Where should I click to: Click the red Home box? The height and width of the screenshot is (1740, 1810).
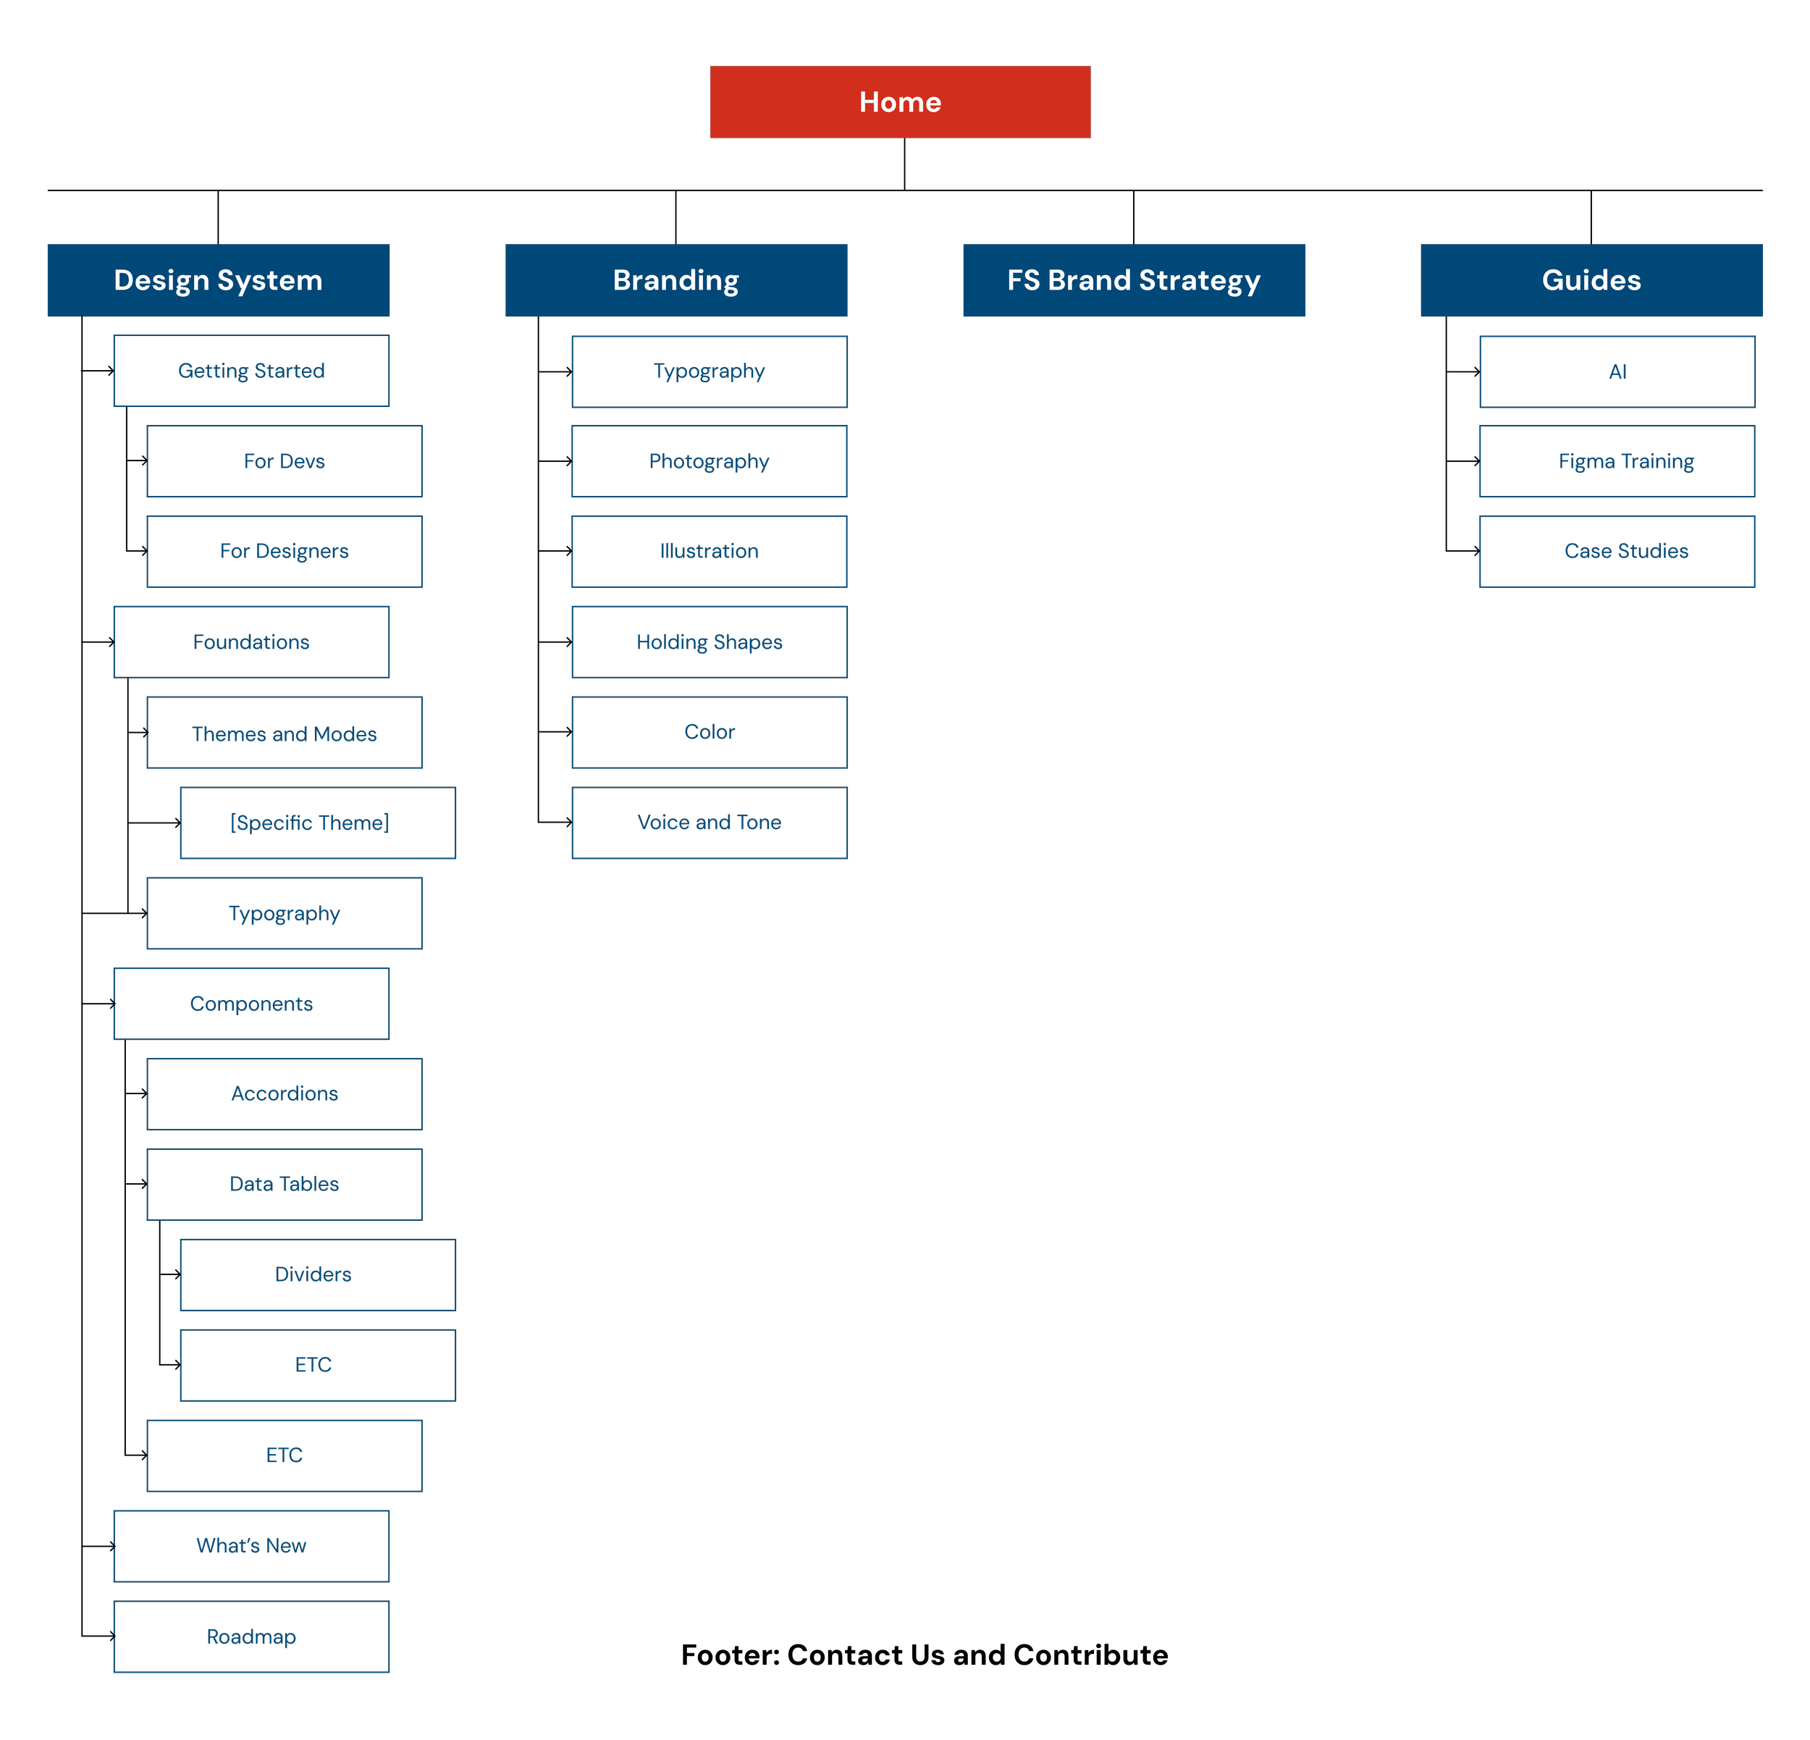[901, 101]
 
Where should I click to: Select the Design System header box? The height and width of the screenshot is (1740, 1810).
[218, 280]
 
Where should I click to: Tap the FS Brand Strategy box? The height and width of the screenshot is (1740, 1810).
[1134, 280]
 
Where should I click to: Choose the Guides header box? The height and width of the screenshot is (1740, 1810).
[1591, 280]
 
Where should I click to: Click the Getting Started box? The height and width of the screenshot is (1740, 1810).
[251, 370]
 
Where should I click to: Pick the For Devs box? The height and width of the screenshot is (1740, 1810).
[285, 461]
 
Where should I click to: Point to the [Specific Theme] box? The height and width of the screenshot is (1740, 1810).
[318, 823]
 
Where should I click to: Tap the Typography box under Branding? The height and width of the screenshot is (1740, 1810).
[710, 371]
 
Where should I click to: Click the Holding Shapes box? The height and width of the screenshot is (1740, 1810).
[710, 642]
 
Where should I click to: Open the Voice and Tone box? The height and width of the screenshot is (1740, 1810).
[710, 823]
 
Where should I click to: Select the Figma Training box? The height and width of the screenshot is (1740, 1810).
[1617, 461]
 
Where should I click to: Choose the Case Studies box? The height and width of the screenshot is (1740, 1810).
[1617, 551]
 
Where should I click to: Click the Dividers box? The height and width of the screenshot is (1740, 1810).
[318, 1274]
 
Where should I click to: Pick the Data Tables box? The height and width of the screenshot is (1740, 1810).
[285, 1184]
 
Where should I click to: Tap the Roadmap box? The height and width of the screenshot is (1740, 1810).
[251, 1636]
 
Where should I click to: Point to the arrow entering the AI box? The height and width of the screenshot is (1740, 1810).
[1462, 371]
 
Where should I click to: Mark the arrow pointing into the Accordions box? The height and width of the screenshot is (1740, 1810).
[137, 1093]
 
